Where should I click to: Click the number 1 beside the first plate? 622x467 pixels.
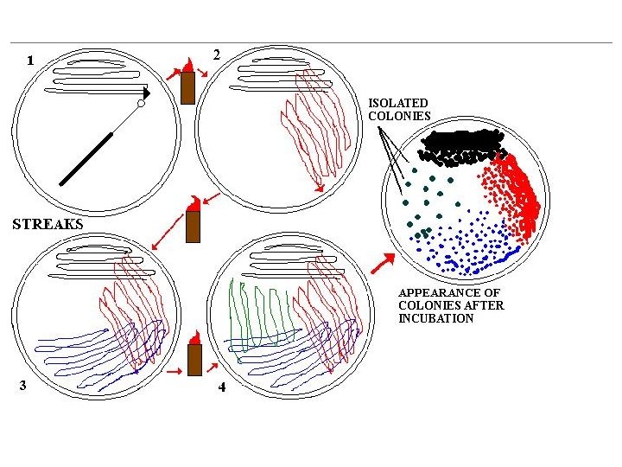coord(31,61)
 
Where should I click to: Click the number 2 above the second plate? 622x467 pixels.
coord(216,54)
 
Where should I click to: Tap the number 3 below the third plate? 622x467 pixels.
coord(23,386)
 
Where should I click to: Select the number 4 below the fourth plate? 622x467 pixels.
coord(222,387)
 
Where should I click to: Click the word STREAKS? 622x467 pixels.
coord(48,223)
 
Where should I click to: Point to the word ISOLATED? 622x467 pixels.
coord(398,103)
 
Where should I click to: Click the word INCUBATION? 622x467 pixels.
coord(435,318)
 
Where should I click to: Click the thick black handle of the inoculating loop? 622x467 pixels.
coord(86,159)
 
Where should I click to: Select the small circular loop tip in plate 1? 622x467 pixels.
coord(141,104)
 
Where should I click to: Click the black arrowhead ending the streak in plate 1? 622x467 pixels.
coord(146,91)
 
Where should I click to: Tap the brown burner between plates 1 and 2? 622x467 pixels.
coord(187,86)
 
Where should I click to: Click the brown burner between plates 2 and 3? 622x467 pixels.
coord(194,227)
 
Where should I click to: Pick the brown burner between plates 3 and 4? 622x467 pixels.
coord(194,359)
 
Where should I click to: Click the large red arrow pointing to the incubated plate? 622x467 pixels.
coord(378,263)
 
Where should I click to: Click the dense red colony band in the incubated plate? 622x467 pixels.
coord(518,195)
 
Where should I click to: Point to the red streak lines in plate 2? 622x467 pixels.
coord(315,130)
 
